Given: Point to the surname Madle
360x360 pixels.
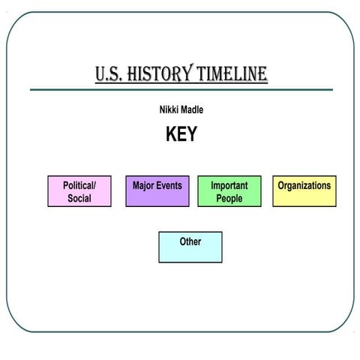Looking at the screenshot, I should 190,110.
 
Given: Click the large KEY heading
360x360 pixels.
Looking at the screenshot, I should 181,134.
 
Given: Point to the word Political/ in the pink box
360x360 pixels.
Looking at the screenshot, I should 79,185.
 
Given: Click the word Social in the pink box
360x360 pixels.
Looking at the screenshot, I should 79,199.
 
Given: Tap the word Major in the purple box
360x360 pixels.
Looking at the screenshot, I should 145,185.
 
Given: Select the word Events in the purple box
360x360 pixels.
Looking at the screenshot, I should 170,185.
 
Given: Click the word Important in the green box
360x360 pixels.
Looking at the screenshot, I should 229,185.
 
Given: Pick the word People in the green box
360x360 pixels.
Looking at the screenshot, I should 229,199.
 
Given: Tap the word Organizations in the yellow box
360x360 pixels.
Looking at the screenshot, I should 304,185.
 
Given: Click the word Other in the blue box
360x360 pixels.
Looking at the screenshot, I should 190,241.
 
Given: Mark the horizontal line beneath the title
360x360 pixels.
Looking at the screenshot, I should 181,90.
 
